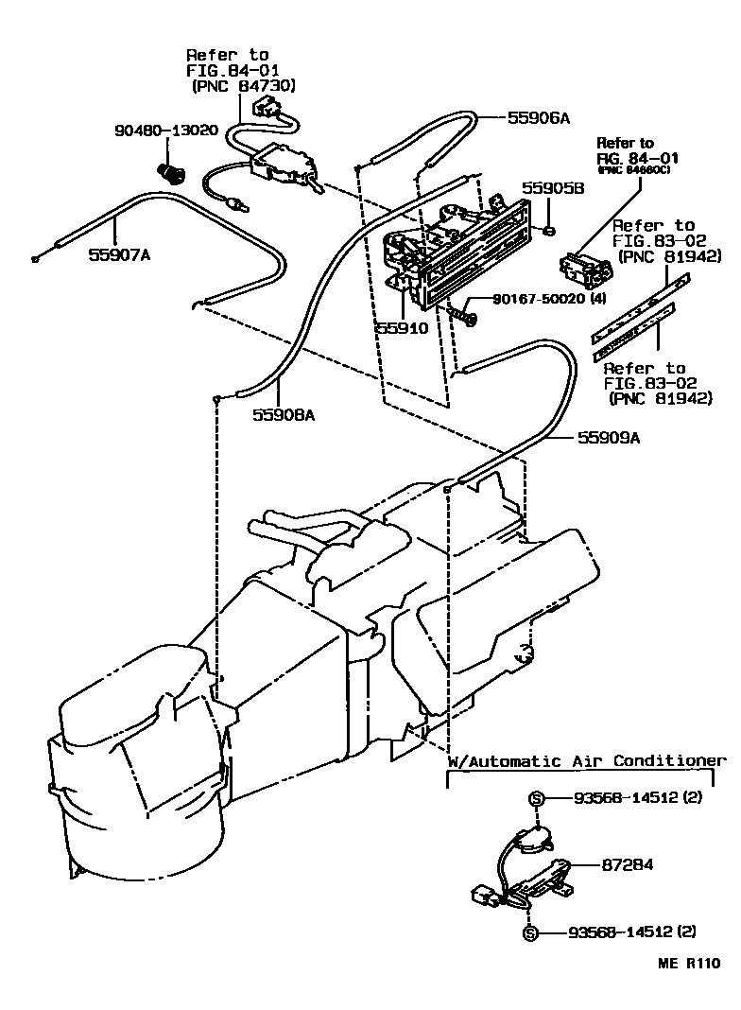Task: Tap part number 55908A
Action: [284, 414]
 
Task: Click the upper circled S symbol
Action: [535, 799]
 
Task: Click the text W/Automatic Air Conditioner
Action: [586, 761]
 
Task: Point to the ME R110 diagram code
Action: [689, 966]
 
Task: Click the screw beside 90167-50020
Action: [466, 311]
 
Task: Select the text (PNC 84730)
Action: [244, 86]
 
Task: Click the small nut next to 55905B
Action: [548, 230]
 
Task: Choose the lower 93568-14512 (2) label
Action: [631, 932]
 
